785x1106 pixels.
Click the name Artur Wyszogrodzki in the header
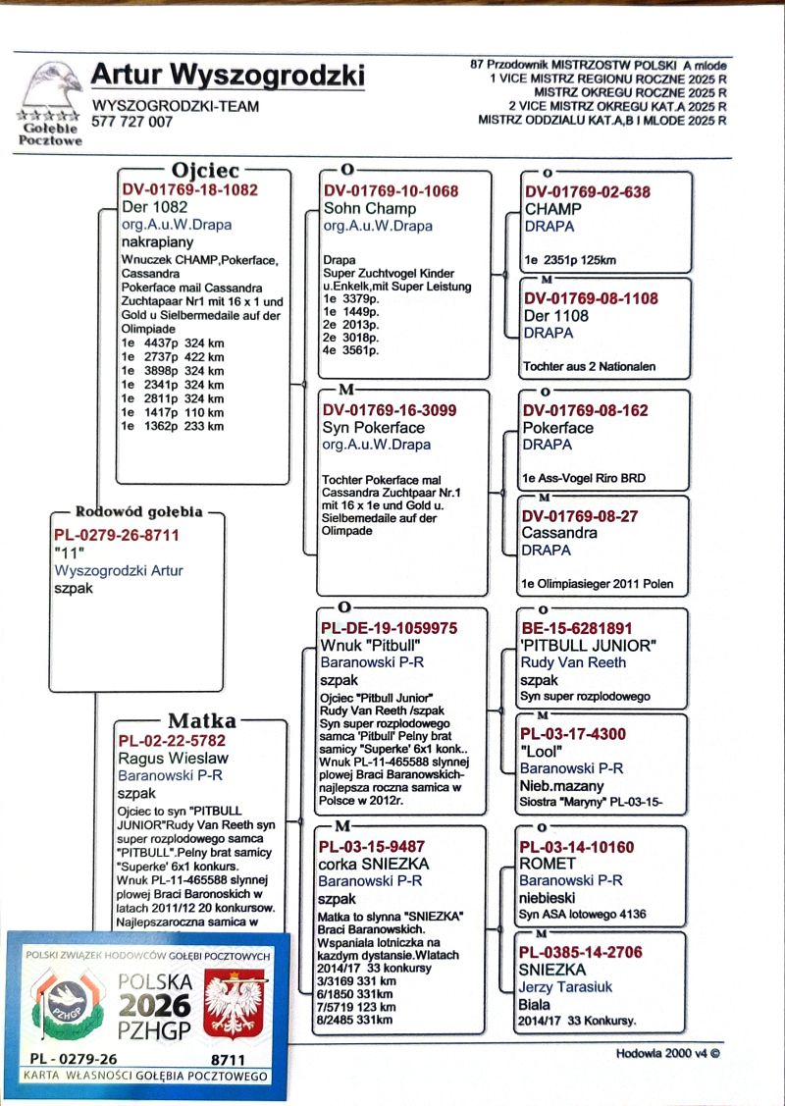coord(227,76)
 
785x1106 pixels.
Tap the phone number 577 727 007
coord(131,122)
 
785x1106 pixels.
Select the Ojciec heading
coord(205,170)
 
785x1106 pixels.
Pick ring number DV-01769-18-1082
coord(190,190)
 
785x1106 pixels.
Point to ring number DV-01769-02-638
coord(588,192)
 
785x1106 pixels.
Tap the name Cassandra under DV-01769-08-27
coord(559,533)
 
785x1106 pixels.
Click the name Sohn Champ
coord(370,208)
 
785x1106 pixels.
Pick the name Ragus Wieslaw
coord(173,758)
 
